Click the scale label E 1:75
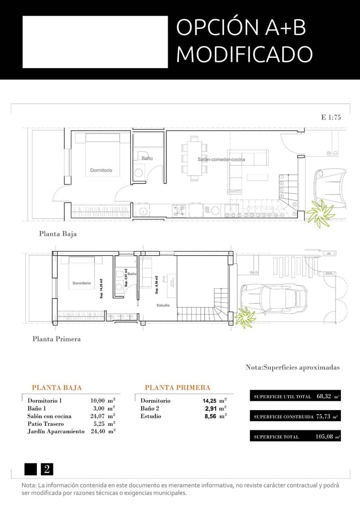coord(331,117)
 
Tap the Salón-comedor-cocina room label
coord(221,159)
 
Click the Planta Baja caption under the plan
coord(58,234)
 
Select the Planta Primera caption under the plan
coord(56,339)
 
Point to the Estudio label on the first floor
coord(163,305)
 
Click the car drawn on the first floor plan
coord(274,299)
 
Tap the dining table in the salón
coord(194,159)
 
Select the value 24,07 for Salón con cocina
coord(98,416)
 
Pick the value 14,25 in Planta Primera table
coord(211,400)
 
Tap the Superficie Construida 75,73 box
coord(295,417)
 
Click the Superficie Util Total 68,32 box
coord(295,397)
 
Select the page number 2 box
coord(47,469)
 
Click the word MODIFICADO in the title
coord(244,54)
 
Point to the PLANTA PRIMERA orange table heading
coord(177,388)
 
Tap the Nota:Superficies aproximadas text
coord(292,367)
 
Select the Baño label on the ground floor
coord(147,158)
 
